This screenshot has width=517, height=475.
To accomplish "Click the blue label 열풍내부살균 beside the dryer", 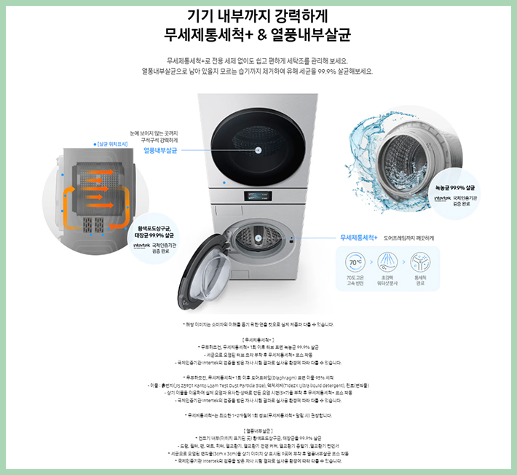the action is click(161, 149).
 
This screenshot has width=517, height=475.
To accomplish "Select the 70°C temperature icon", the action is click(356, 262).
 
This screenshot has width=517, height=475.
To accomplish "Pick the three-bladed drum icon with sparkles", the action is click(420, 262).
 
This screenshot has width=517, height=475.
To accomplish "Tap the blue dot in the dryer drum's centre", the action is click(258, 149).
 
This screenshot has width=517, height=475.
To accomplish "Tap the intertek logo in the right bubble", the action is click(443, 197).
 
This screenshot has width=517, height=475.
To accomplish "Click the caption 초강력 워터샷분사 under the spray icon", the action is click(388, 280).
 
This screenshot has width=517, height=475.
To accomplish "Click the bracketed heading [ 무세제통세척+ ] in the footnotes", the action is click(258, 339).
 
